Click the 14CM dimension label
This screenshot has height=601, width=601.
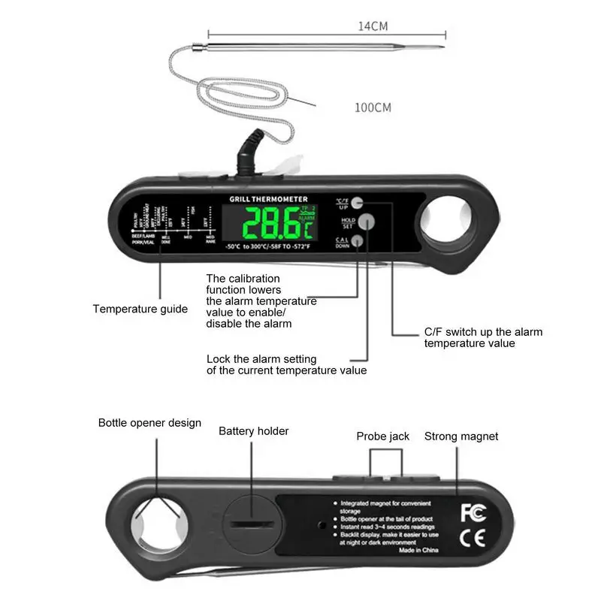pos(373,26)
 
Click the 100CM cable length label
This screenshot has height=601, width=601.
pos(373,107)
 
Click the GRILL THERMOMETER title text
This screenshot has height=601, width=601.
pos(268,199)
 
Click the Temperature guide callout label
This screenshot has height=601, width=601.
pos(140,309)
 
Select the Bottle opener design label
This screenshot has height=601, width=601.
pos(149,423)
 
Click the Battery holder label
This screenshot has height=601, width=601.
pos(254,431)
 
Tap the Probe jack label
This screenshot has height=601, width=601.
pos(383,436)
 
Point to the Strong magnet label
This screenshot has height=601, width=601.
pos(461,436)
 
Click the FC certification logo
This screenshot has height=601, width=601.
pos(473,512)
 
